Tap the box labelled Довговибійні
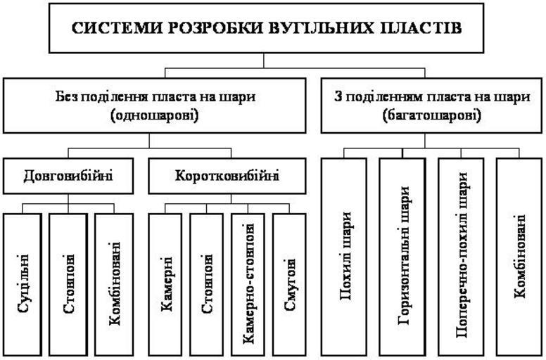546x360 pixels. tap(70, 175)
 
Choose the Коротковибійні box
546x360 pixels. tap(226, 175)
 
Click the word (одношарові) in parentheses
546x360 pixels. tap(151, 115)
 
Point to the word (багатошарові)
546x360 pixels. tap(432, 115)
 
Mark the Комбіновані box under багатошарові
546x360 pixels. tap(519, 257)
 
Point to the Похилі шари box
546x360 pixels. tap(344, 257)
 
